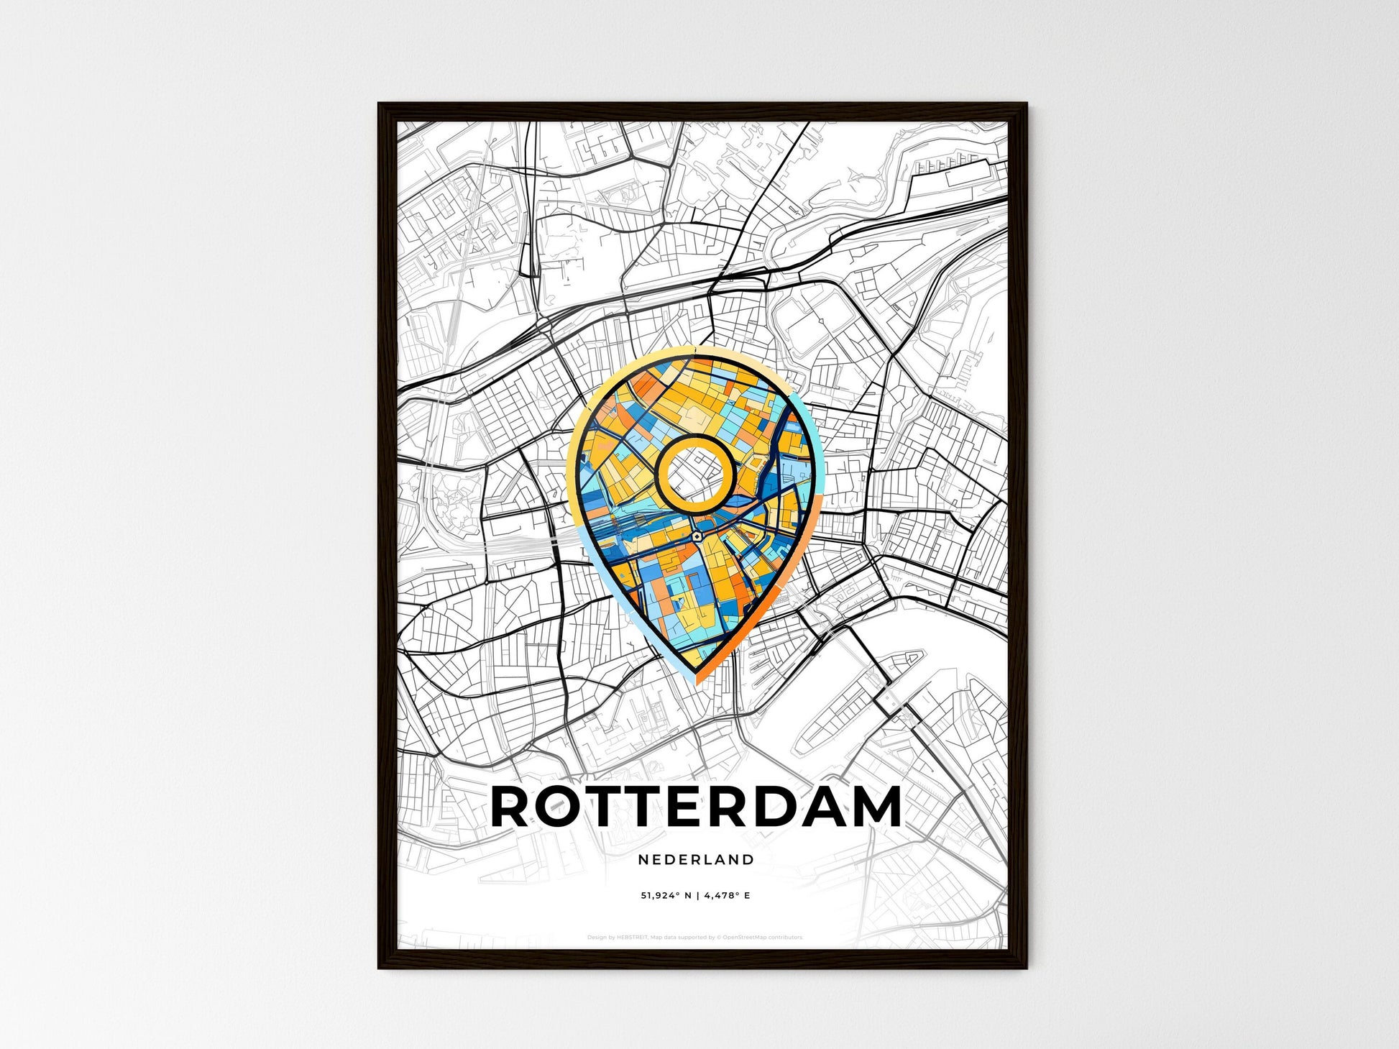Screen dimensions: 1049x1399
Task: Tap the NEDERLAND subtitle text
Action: tap(696, 859)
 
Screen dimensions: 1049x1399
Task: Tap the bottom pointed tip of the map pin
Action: tap(696, 679)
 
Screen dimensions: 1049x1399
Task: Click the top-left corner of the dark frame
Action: tap(380, 105)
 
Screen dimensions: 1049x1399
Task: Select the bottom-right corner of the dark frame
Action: tap(1025, 967)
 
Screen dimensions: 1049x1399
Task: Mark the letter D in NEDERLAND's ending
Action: tap(749, 859)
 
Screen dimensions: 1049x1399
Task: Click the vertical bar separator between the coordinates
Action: tap(696, 896)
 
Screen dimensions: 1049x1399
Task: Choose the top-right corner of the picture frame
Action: tap(1025, 105)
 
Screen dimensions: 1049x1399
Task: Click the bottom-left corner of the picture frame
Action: tap(380, 967)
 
